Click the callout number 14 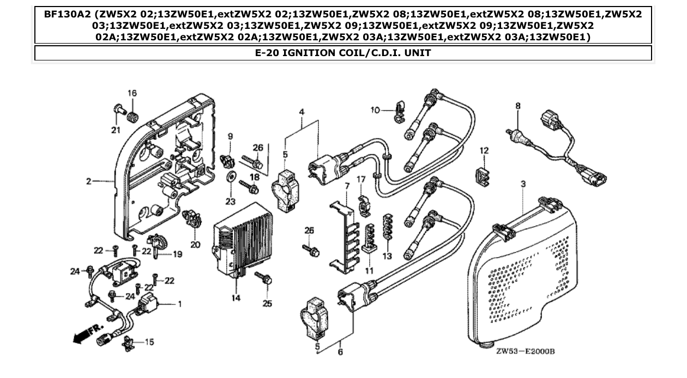tap(236, 298)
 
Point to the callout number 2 tap(88, 181)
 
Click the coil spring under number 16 tap(132, 115)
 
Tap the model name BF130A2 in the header tap(65, 14)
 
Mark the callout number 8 tap(518, 106)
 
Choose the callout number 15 tap(148, 342)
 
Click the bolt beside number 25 tap(266, 278)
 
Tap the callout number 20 tap(195, 245)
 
